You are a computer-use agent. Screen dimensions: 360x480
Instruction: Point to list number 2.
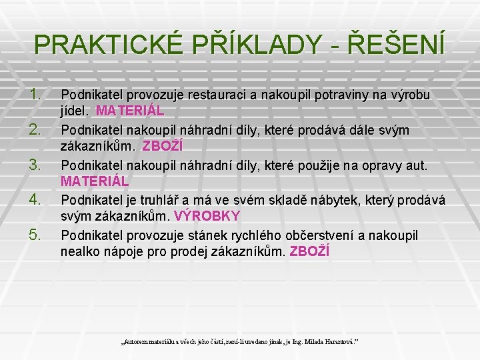click(36, 127)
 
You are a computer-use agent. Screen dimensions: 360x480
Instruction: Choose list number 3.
click(36, 163)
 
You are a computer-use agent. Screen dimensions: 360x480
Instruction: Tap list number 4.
click(36, 199)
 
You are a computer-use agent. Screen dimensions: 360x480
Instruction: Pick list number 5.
click(36, 233)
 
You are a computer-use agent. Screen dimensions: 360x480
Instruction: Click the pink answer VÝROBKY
click(207, 216)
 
